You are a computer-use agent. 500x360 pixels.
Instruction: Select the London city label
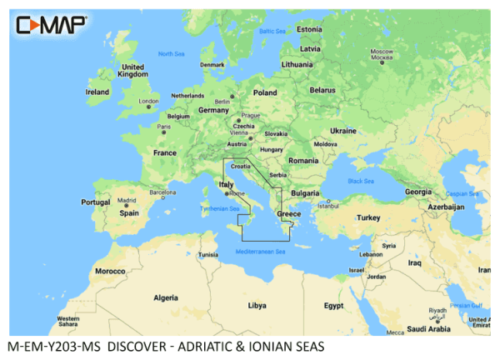point(147,102)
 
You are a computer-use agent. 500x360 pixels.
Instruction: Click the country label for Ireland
point(97,91)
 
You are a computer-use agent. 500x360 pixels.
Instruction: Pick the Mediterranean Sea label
point(261,251)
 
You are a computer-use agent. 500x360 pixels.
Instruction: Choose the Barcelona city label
point(162,192)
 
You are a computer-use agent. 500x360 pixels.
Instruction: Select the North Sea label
point(171,53)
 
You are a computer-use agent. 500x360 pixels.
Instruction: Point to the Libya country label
point(257,304)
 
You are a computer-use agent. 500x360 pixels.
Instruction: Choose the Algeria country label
point(166,297)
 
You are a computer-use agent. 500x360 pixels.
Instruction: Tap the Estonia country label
point(309,29)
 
